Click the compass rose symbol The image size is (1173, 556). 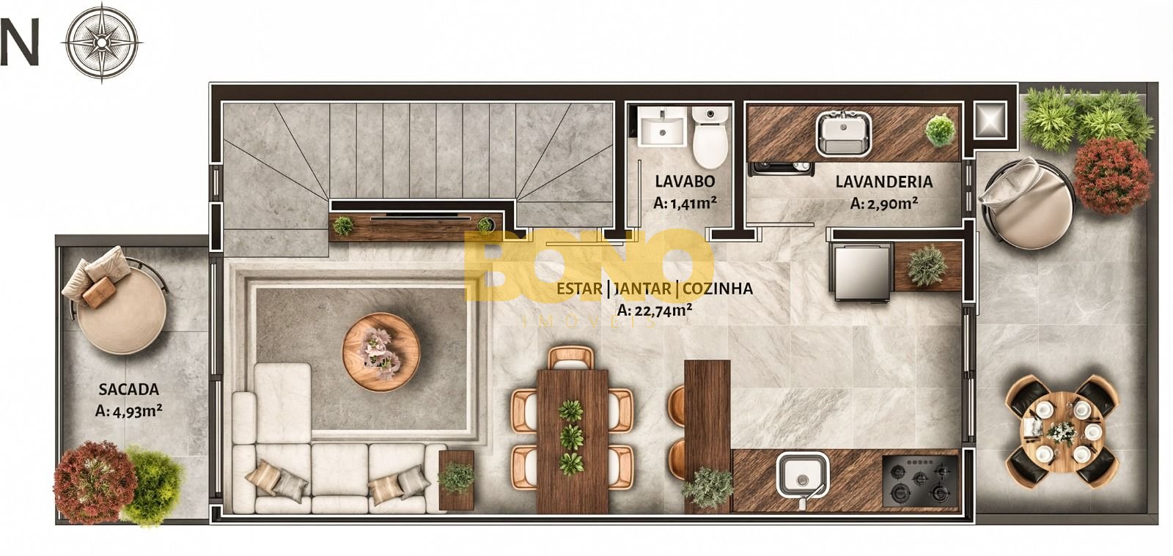tap(102, 42)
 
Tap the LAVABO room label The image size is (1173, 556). tap(685, 181)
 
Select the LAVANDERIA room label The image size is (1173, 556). tap(884, 182)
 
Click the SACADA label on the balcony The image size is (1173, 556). tap(129, 389)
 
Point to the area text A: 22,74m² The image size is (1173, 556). tap(655, 310)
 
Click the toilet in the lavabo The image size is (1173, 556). tap(710, 136)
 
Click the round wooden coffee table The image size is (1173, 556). tap(381, 352)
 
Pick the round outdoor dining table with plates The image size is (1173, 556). tap(1062, 432)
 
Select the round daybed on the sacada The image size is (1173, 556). tap(122, 306)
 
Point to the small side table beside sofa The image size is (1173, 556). tap(456, 480)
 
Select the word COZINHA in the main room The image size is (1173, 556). tap(718, 288)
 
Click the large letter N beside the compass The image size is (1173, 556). tap(19, 42)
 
